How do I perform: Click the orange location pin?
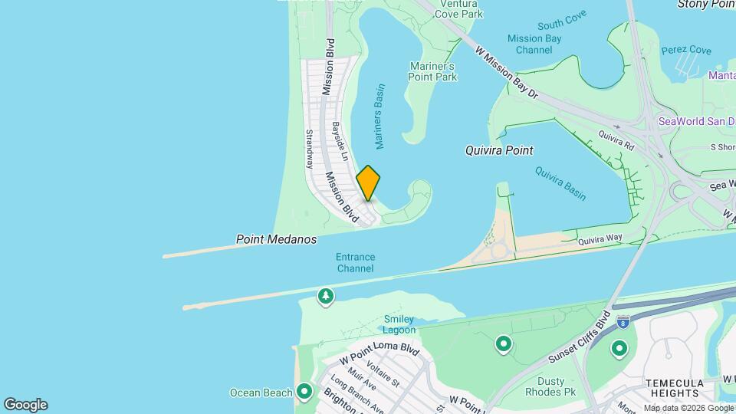[368, 183]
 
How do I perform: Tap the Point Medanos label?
[276, 240]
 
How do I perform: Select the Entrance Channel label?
[355, 263]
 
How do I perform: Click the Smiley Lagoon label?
[399, 324]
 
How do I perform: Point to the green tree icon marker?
[326, 296]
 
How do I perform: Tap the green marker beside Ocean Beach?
[304, 393]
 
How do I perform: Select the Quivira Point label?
[499, 150]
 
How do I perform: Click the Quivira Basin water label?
[560, 183]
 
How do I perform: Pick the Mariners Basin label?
[379, 116]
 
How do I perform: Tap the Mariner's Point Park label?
[433, 71]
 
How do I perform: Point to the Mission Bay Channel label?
[534, 44]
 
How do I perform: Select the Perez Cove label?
[686, 51]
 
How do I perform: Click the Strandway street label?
[310, 148]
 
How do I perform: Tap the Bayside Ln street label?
[340, 141]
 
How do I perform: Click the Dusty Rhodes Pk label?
[545, 386]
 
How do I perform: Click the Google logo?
[25, 405]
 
